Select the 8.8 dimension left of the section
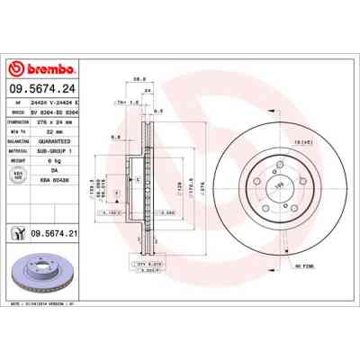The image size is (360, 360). click(116, 136)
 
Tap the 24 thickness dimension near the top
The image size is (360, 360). click(147, 91)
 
